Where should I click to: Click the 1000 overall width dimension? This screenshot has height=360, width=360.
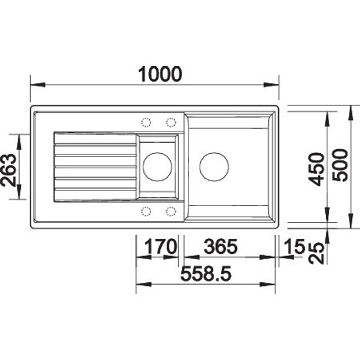pos(160,74)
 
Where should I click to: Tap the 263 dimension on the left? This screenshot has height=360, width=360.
pos(9,170)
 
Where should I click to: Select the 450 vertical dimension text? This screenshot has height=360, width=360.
pos(316,169)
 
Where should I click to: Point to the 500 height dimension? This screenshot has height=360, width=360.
pos(340,165)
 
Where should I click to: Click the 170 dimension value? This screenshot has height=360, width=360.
pos(161,246)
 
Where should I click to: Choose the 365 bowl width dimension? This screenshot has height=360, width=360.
pos(221,246)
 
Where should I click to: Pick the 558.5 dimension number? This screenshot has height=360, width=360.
pos(206,274)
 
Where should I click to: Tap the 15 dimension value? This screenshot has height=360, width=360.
pos(295,246)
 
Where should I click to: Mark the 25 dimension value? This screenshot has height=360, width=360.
pos(316,253)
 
